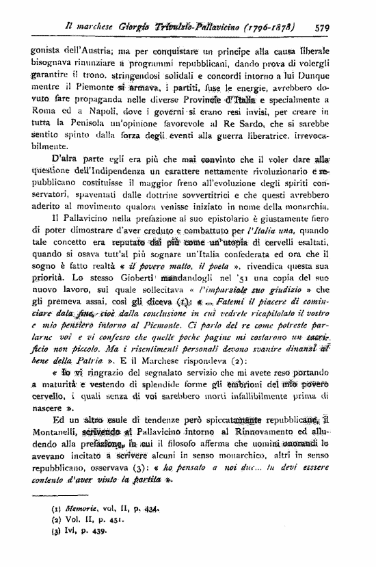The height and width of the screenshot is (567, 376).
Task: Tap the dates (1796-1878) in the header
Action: click(269, 29)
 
